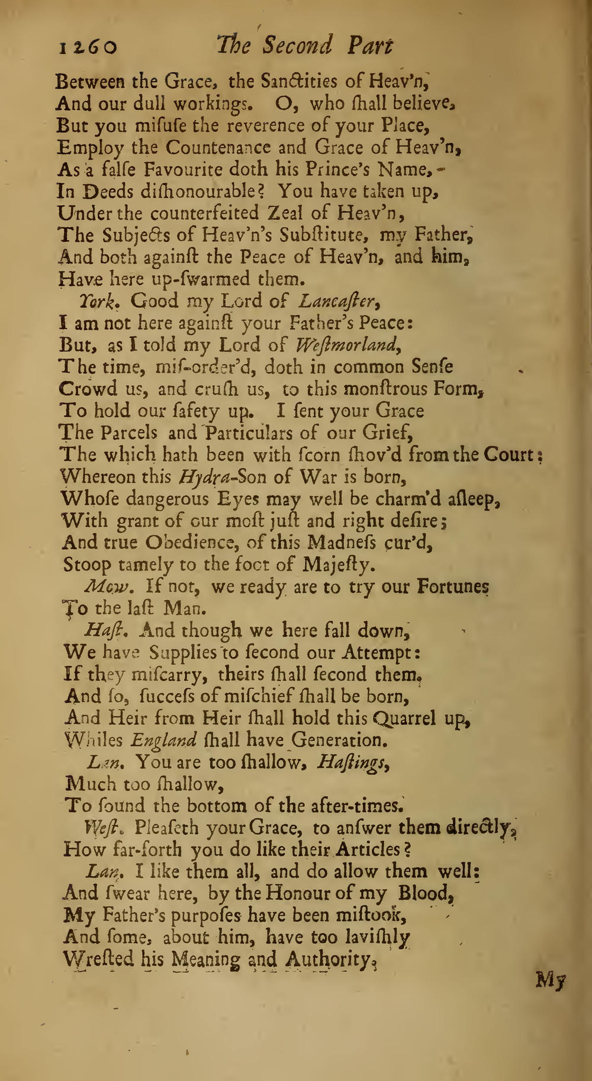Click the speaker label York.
point(96,302)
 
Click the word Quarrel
point(403,719)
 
